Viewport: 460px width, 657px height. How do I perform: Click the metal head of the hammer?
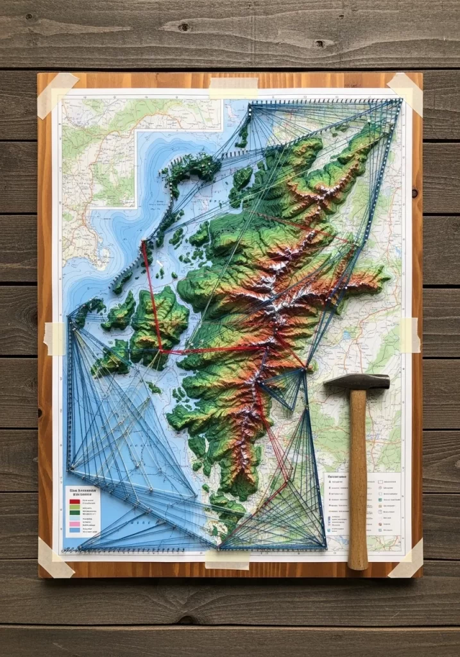point(357,382)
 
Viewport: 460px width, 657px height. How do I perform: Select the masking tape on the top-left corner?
point(56,94)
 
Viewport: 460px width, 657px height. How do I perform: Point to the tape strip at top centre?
point(234,87)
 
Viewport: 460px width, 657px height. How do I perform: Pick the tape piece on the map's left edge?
point(54,338)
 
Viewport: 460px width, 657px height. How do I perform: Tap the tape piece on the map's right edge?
point(409,335)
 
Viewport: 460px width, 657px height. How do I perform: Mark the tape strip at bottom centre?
point(227,558)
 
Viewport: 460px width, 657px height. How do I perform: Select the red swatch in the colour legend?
point(74,500)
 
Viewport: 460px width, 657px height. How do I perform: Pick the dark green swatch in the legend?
point(74,513)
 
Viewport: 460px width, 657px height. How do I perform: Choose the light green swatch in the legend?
point(74,507)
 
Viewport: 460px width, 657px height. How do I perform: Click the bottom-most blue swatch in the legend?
point(74,531)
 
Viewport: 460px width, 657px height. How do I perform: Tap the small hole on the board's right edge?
point(415,192)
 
